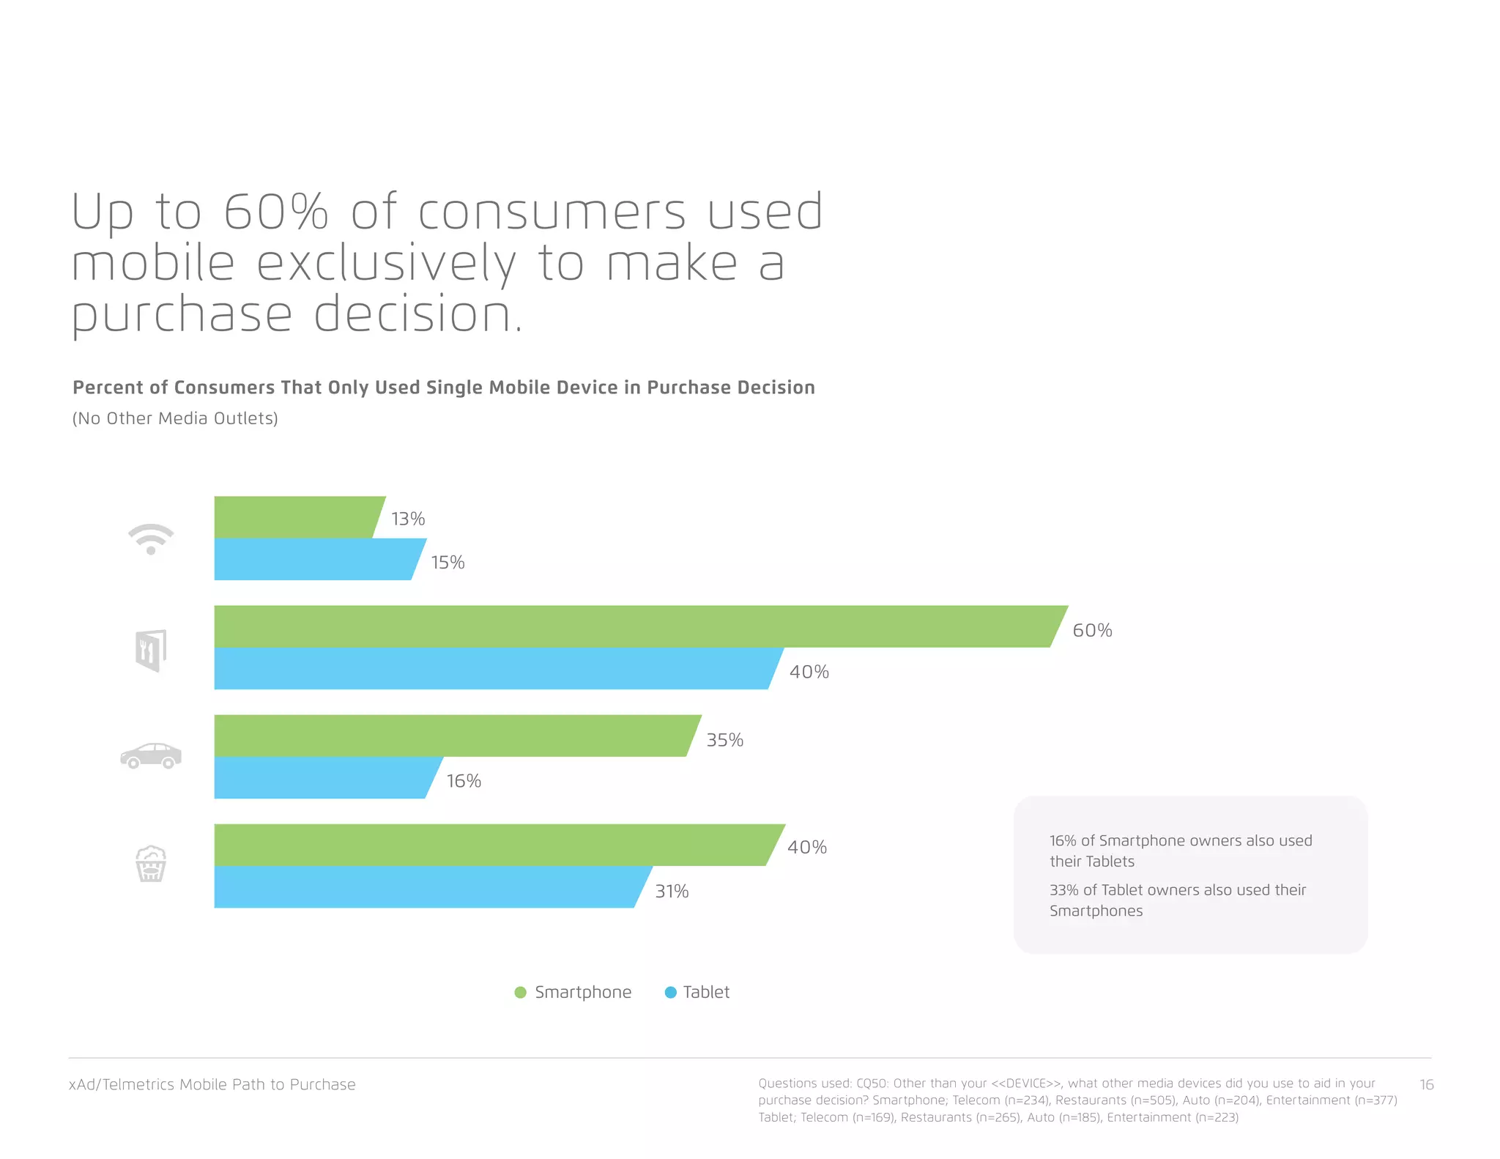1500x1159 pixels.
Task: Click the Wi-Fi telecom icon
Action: point(151,539)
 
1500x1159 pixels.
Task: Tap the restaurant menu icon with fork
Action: point(151,651)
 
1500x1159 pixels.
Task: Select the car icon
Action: point(151,755)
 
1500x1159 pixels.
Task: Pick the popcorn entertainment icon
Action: point(151,864)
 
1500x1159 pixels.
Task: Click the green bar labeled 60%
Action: point(630,626)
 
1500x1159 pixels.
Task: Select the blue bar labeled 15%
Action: point(315,560)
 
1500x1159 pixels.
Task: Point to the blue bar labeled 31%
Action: point(425,887)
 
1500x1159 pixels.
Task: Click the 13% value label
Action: point(408,519)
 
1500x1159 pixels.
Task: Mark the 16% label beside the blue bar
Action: point(464,781)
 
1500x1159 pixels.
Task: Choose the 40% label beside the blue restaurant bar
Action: point(809,672)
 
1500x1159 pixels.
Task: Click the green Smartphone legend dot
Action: point(521,992)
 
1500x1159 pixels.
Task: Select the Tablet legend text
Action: point(706,992)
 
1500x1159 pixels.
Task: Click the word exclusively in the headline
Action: point(386,264)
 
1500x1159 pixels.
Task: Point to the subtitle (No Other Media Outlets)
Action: point(175,418)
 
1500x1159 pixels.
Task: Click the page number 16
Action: point(1426,1084)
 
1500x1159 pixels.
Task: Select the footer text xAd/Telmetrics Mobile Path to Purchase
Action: point(212,1084)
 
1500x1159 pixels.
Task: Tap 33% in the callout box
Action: point(1063,890)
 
